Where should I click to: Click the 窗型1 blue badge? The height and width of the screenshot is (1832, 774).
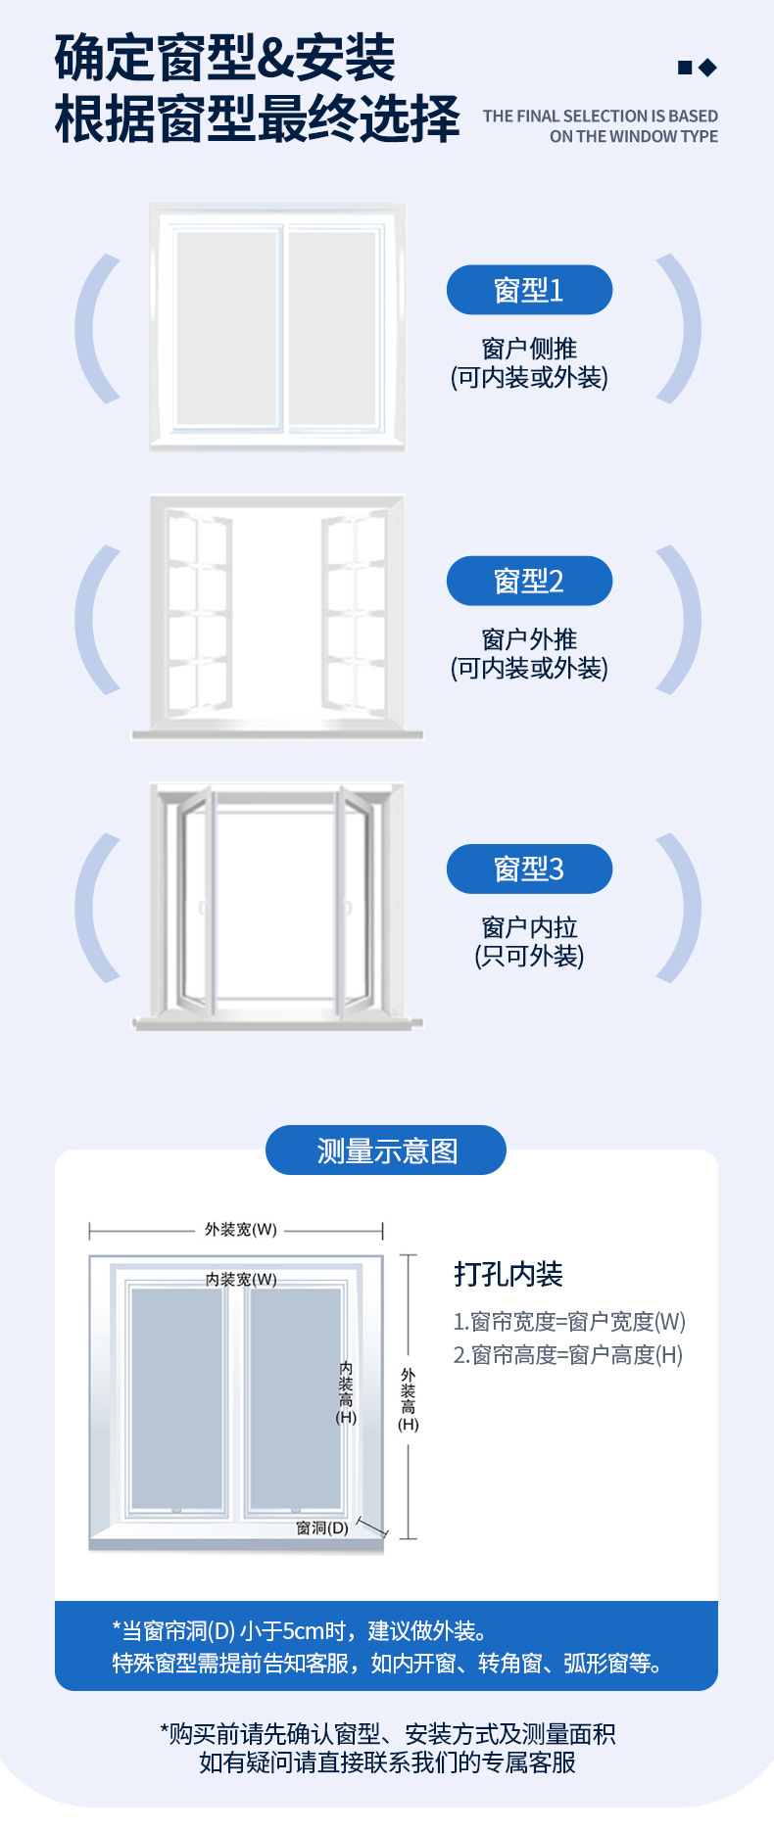coord(529,290)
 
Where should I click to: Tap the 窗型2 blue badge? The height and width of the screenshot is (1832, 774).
coord(529,581)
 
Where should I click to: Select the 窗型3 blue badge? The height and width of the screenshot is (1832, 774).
coord(529,869)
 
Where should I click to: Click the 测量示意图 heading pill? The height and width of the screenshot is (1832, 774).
coord(386,1151)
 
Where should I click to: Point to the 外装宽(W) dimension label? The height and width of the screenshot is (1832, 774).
coord(240,1230)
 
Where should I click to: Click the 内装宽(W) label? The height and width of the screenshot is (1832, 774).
coord(241,1280)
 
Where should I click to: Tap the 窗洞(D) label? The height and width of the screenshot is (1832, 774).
coord(322,1527)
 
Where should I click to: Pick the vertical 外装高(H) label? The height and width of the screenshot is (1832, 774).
coord(409,1399)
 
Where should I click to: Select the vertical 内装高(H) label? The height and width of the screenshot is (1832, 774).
coord(346,1391)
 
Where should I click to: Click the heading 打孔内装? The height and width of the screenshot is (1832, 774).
coord(508,1274)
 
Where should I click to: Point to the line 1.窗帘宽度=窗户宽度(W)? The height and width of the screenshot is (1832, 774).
coord(568,1322)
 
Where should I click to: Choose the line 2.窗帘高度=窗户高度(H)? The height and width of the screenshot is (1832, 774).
coord(567,1355)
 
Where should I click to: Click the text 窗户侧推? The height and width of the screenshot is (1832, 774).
coord(529,349)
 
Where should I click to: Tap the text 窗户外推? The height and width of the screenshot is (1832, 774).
coord(529,639)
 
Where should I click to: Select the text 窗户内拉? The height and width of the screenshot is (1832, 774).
coord(529,927)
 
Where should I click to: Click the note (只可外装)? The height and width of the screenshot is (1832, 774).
coord(529,956)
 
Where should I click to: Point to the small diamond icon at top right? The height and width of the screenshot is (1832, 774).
coord(707,68)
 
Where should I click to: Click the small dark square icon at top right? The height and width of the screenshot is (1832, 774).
coord(685,68)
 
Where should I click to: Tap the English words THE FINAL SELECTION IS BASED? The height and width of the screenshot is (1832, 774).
coord(600,116)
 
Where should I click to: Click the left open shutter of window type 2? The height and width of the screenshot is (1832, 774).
coord(199,613)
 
